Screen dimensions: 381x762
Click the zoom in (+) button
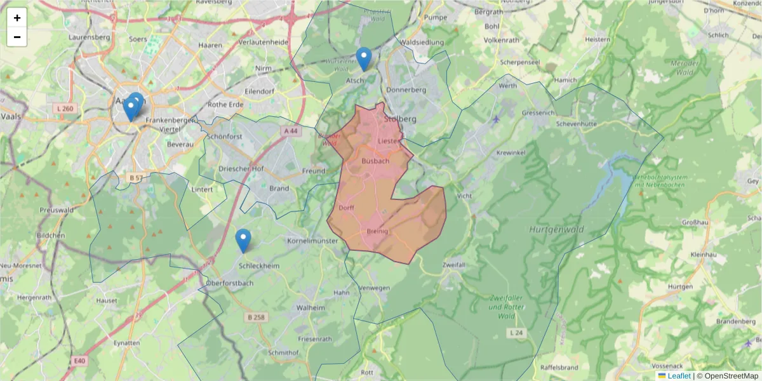tap(17, 18)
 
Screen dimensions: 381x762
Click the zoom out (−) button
tap(17, 37)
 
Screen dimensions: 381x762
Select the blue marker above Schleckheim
tap(243, 240)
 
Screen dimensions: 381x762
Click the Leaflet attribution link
tap(679, 376)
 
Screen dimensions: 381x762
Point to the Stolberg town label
tap(400, 119)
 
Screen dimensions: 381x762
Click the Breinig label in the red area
tap(378, 232)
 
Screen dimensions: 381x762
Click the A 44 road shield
tap(290, 131)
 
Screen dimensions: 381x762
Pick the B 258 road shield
tap(257, 317)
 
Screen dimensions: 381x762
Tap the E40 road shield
tap(79, 361)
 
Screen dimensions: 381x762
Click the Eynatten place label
tap(126, 343)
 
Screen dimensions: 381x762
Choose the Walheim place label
tap(311, 307)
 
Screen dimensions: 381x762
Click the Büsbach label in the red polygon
tap(375, 161)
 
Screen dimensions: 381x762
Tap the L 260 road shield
tap(65, 109)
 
